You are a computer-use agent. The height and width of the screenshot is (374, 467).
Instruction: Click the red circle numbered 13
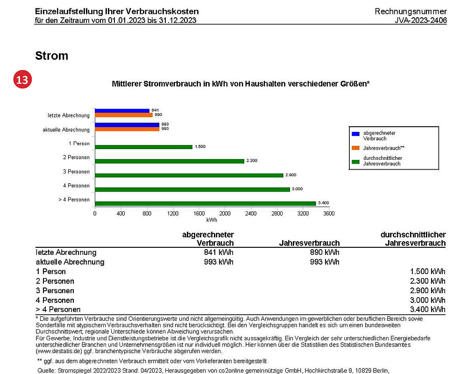coord(22,79)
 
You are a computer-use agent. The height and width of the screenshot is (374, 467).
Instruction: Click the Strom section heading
coord(51,56)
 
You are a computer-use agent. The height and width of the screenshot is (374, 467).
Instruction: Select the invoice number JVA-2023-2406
coord(421,20)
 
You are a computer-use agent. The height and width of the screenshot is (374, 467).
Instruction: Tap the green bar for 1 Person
coord(143,147)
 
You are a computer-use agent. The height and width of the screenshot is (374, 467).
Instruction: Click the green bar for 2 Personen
coord(170,161)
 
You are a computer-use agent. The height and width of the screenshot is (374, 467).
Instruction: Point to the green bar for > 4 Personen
coord(205,203)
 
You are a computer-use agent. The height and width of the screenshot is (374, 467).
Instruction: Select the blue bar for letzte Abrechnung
coord(122,111)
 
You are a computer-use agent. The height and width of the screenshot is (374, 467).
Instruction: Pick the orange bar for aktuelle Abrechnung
coord(127,129)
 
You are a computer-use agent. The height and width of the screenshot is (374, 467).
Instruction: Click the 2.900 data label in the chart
coord(290,175)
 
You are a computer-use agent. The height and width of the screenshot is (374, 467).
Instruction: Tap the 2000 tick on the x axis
coord(225,213)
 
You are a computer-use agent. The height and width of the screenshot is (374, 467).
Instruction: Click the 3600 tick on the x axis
coord(329,213)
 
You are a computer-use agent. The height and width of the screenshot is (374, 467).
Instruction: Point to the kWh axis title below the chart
coord(212,220)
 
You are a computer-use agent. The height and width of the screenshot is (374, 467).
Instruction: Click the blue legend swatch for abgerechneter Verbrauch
coord(355,134)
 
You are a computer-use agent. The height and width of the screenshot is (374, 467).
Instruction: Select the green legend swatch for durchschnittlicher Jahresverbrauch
coord(355,162)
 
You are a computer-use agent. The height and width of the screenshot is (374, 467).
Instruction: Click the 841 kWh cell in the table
coord(219,252)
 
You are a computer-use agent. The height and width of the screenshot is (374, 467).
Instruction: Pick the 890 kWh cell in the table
coord(325,252)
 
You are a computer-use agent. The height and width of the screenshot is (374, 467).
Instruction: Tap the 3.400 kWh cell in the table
coord(428,309)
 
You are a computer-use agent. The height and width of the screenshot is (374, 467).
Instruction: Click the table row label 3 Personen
coord(55,290)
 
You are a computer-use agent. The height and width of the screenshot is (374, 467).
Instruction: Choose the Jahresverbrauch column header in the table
coord(309,243)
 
